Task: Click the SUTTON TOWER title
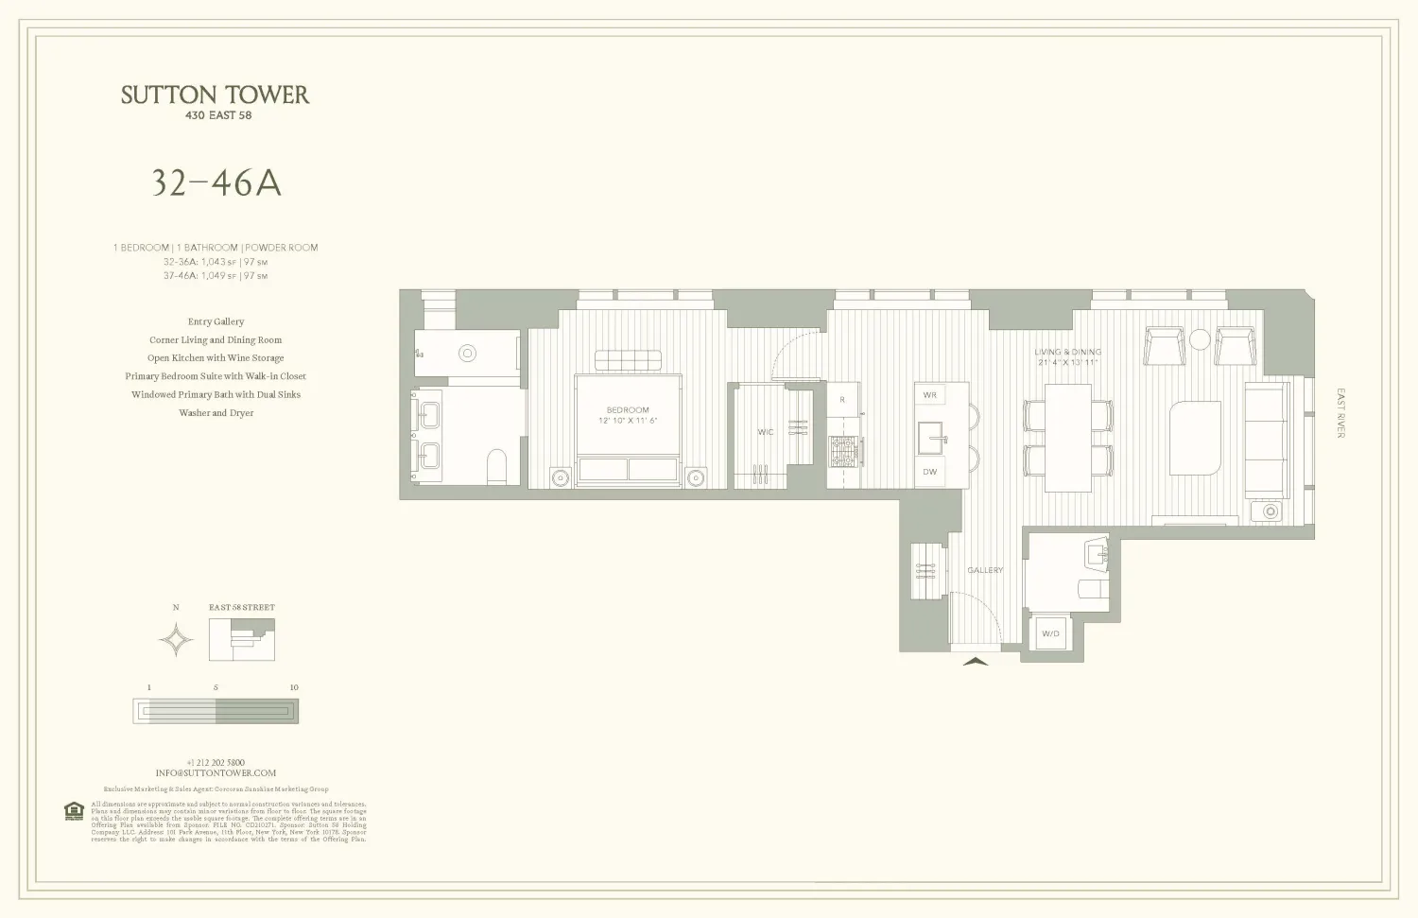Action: [215, 95]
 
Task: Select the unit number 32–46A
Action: [216, 183]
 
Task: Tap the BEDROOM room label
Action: [628, 410]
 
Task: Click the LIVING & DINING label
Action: [1067, 352]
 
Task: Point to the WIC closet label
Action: [765, 432]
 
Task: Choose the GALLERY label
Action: [985, 570]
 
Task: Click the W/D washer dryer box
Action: [1049, 633]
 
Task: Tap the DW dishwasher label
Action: [930, 472]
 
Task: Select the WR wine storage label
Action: [930, 394]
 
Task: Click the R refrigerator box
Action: [842, 400]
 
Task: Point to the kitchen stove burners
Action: [844, 451]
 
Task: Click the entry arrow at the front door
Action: [976, 661]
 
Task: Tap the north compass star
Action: [176, 641]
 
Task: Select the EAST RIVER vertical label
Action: [1340, 413]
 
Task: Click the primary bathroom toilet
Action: [495, 466]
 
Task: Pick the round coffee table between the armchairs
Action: [1200, 339]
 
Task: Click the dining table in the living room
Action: [1067, 437]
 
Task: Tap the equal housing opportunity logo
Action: [74, 811]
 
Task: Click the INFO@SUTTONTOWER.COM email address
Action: [216, 772]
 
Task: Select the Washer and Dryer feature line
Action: [216, 413]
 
